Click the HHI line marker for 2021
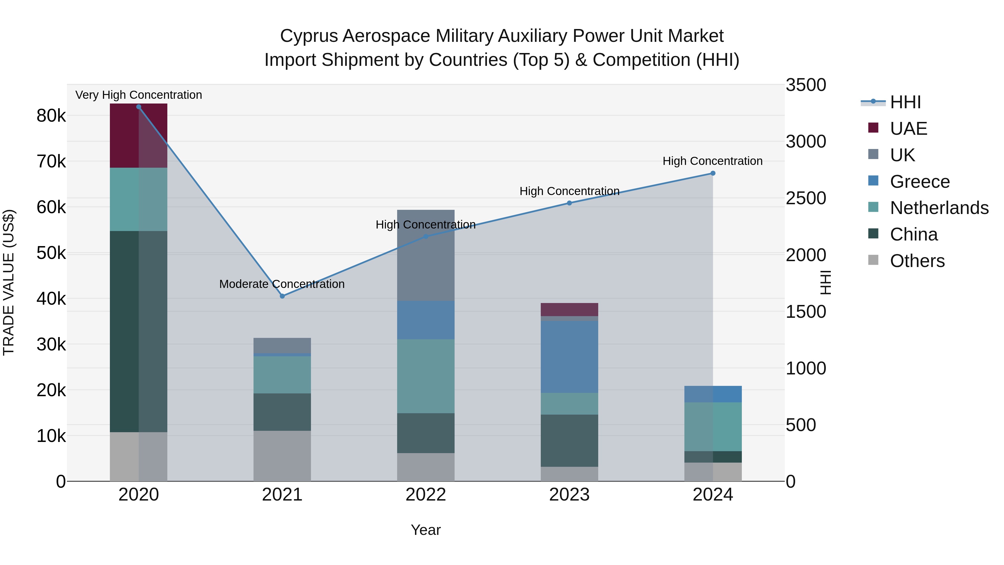point(282,296)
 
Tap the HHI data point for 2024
point(713,173)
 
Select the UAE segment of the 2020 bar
point(138,136)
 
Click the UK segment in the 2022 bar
point(426,255)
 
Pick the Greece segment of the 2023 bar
point(569,357)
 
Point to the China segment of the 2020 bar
point(138,331)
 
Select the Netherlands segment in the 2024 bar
point(713,427)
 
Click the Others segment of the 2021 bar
point(282,456)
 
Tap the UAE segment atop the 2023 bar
point(569,309)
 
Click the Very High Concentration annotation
point(138,95)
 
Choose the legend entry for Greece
point(919,182)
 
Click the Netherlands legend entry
point(939,208)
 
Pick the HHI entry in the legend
point(905,102)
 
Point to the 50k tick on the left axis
point(51,253)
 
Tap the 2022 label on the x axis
point(426,494)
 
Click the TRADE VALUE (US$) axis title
point(9,282)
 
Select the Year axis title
point(426,530)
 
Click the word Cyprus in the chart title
point(308,36)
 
